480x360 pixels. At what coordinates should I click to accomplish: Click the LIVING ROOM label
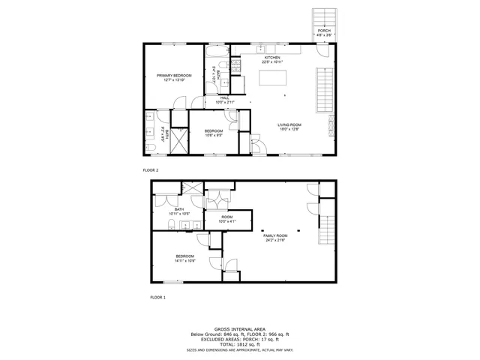(x=289, y=126)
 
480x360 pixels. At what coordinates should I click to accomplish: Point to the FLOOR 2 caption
(x=151, y=170)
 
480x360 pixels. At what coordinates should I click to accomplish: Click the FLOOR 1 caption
(x=151, y=298)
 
